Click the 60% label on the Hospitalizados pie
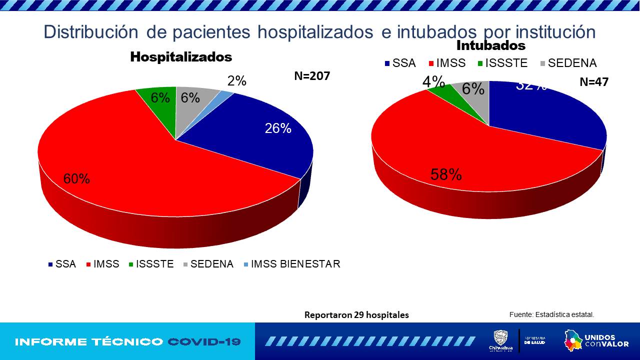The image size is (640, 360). [x=76, y=178]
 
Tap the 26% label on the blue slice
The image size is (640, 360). [x=278, y=128]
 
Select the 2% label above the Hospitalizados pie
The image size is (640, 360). [x=236, y=81]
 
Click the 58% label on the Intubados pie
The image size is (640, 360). [x=446, y=174]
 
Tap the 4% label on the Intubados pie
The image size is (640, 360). [x=433, y=81]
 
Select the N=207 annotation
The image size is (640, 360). [x=312, y=76]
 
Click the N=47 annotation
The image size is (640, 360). [x=594, y=82]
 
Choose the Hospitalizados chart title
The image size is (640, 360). [x=181, y=57]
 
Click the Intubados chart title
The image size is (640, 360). [x=491, y=45]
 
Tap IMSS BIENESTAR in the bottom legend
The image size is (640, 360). [x=295, y=264]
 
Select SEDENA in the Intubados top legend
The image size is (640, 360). [x=572, y=63]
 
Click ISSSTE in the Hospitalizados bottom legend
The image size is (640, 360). [x=154, y=264]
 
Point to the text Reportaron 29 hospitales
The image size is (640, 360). [x=356, y=315]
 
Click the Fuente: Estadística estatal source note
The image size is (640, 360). [x=551, y=314]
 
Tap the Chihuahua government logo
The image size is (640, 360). [x=500, y=340]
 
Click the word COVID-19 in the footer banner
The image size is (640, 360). [x=204, y=342]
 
